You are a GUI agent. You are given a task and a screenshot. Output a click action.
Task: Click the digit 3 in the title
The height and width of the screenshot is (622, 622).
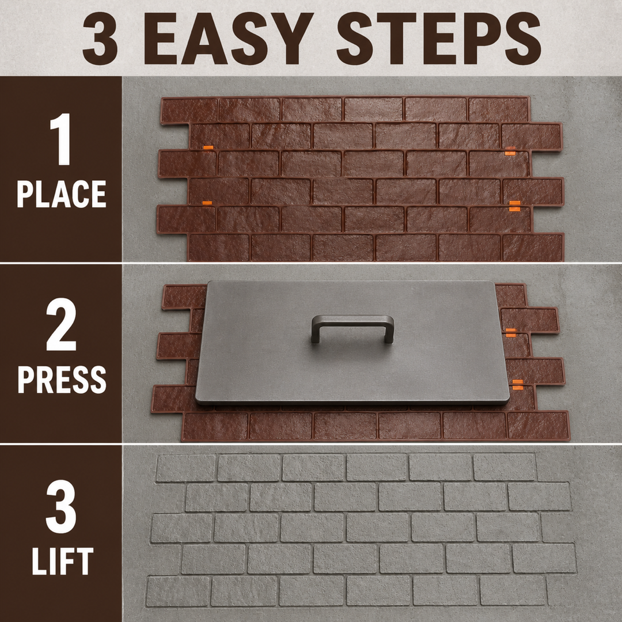coord(100,39)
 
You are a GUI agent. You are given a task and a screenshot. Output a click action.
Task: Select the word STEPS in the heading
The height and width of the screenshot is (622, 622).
coord(439,39)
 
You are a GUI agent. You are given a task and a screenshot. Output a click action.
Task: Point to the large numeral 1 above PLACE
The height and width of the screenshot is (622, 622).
coord(60,139)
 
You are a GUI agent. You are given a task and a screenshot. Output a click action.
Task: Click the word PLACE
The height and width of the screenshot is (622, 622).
coord(62,194)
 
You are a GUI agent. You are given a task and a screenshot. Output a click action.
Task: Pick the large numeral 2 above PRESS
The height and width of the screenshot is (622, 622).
coord(61,324)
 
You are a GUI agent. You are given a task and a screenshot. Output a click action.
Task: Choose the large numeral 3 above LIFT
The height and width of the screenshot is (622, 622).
coord(60,507)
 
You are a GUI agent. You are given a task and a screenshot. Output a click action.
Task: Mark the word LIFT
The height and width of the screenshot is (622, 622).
coord(63,561)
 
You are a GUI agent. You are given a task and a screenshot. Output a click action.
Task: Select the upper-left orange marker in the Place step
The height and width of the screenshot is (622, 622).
coord(208,147)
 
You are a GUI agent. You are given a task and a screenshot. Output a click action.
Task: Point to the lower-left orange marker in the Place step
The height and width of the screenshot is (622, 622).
coord(207,203)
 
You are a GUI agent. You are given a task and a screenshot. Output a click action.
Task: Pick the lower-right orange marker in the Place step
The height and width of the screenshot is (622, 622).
coord(514,206)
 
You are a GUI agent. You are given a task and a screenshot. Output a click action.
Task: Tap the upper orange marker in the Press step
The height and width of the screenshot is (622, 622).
coord(510,332)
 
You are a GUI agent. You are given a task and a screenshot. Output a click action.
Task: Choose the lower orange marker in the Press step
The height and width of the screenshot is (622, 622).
coord(517,384)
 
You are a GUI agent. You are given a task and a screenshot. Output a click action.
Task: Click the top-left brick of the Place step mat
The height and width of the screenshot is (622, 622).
coord(189,110)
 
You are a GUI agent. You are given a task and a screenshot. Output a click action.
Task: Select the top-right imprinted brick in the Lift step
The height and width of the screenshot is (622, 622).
coord(505,467)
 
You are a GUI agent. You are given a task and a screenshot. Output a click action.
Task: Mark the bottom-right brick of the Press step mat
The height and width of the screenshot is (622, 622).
coord(538,426)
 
